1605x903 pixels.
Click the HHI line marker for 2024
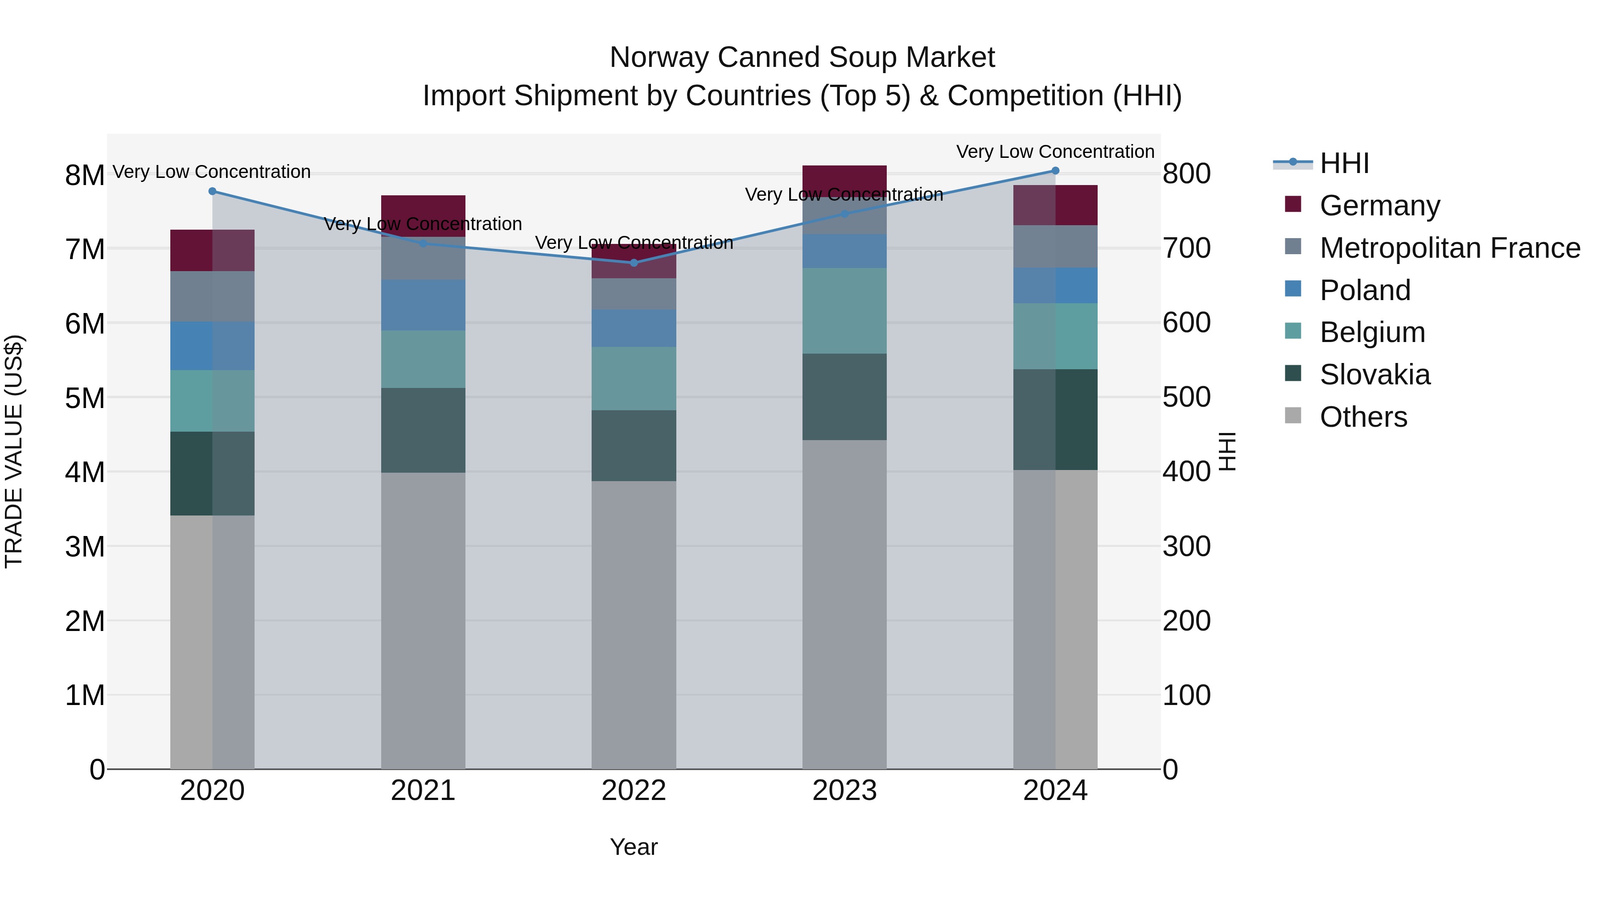tap(1055, 171)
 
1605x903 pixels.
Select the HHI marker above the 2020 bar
tap(213, 191)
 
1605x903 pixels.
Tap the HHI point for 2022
tap(634, 263)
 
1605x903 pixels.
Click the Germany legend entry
tap(1379, 206)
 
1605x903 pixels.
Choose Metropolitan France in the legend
tap(1449, 248)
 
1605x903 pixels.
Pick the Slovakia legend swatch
tap(1293, 374)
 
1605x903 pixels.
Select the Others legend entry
tap(1363, 417)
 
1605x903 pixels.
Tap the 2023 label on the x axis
tap(844, 791)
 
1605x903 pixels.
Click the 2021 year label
tap(423, 791)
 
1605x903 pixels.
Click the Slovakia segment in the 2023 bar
tap(844, 397)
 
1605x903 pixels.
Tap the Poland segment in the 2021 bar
tap(423, 305)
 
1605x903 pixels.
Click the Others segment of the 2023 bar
tap(844, 605)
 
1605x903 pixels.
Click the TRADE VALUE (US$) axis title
tap(14, 451)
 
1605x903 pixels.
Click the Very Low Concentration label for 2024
tap(1055, 152)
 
